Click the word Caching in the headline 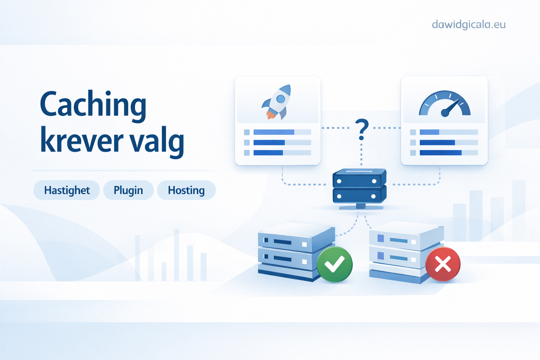(93, 106)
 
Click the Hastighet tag (67, 190)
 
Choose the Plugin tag (128, 190)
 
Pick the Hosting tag (186, 190)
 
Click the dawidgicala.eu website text (469, 25)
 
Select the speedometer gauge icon (445, 104)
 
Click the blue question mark (362, 129)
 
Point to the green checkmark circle (335, 264)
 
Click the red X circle (443, 264)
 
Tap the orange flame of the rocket (271, 115)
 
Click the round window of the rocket (281, 99)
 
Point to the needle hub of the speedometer (445, 113)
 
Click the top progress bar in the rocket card (282, 132)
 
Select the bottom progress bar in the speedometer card (449, 153)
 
